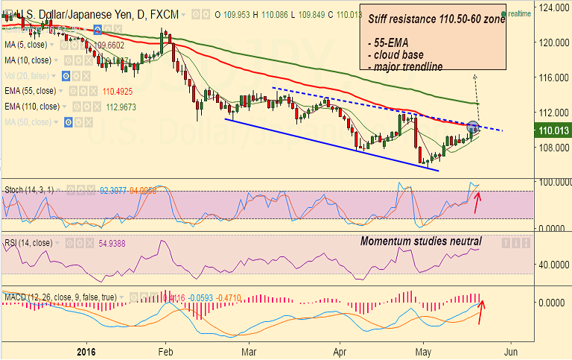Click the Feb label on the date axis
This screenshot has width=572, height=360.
[x=166, y=350]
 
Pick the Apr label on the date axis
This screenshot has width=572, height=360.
[x=340, y=350]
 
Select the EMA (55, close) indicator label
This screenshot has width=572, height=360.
[x=29, y=92]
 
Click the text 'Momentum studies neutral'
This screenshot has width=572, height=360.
[x=421, y=241]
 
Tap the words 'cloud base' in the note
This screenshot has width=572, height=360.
[x=400, y=56]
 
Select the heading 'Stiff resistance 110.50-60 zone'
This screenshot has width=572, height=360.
[x=436, y=19]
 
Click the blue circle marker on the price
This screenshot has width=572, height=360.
[x=473, y=128]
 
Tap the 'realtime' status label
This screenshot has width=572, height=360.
[x=518, y=14]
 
